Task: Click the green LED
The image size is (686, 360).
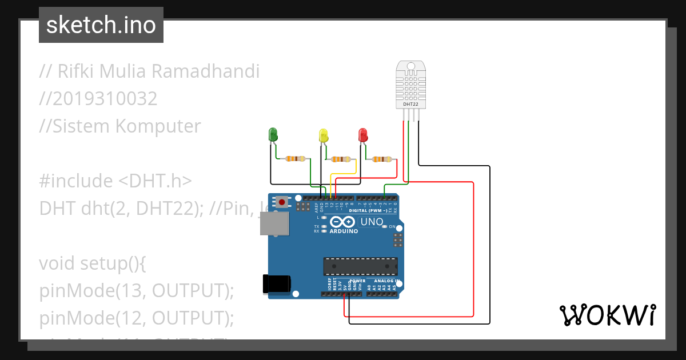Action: [273, 135]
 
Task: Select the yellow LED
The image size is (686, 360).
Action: [324, 136]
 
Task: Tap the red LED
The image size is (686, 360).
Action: [362, 135]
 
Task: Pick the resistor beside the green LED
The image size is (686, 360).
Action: [295, 159]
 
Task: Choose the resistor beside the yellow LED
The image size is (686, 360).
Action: [342, 159]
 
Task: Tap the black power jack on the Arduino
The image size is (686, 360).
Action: [276, 284]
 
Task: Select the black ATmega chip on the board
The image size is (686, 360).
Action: [360, 266]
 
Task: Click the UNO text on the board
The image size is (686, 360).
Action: [372, 222]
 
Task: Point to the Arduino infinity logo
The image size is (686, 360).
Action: [342, 222]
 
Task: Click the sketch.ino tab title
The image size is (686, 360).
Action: [101, 25]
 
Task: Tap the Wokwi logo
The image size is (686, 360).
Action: [607, 315]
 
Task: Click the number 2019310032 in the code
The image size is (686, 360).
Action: [98, 99]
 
